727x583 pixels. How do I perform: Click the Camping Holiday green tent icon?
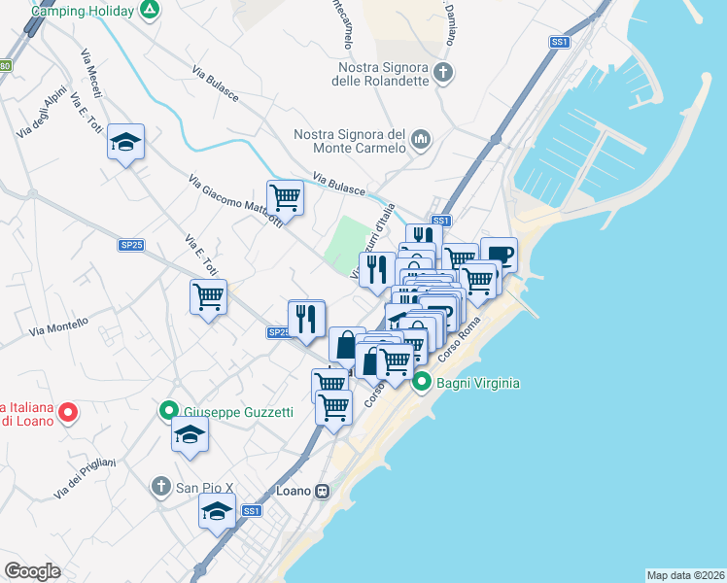click(x=149, y=10)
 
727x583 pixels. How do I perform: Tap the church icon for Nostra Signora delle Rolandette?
click(x=443, y=71)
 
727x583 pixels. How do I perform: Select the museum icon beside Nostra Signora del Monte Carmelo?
click(x=421, y=140)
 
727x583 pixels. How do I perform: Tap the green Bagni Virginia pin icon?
click(x=422, y=383)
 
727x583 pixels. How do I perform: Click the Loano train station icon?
click(x=321, y=491)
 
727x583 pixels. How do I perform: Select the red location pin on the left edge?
click(x=67, y=413)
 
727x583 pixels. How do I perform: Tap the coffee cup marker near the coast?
click(x=499, y=255)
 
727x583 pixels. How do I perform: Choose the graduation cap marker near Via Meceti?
click(x=125, y=142)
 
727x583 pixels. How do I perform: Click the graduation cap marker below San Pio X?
click(x=217, y=510)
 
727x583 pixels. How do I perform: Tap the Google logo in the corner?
click(x=32, y=571)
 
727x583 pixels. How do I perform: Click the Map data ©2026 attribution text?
click(x=685, y=574)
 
